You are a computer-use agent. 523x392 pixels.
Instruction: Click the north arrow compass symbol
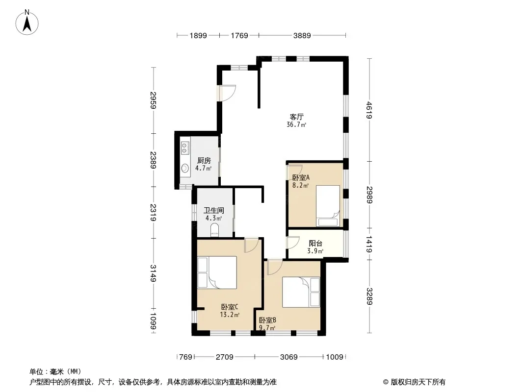(x=27, y=22)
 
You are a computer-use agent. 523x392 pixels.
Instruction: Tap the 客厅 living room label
(x=296, y=117)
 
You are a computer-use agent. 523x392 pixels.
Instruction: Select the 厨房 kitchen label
(x=204, y=161)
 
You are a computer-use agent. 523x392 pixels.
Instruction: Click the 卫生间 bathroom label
(x=214, y=211)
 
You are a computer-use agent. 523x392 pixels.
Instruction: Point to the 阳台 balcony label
(x=315, y=244)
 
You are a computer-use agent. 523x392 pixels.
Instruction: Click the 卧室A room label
(x=301, y=177)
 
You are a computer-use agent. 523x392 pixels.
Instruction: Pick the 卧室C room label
(x=230, y=307)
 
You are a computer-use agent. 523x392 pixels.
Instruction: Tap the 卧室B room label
(x=267, y=320)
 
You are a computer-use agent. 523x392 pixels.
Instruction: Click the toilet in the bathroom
(x=215, y=230)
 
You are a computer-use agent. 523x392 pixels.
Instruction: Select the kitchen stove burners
(x=185, y=148)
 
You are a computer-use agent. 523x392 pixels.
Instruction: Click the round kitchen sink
(x=185, y=168)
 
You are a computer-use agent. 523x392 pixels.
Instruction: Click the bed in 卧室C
(x=217, y=272)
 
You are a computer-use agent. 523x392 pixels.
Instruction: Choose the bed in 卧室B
(x=301, y=292)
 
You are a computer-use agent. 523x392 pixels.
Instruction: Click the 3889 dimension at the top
(x=302, y=35)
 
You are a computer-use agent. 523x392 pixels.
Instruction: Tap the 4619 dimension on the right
(x=369, y=110)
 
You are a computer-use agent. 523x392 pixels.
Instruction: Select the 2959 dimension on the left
(x=153, y=100)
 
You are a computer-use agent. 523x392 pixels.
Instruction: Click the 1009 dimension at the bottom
(x=335, y=357)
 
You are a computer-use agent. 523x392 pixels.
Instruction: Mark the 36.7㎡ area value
(x=296, y=124)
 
